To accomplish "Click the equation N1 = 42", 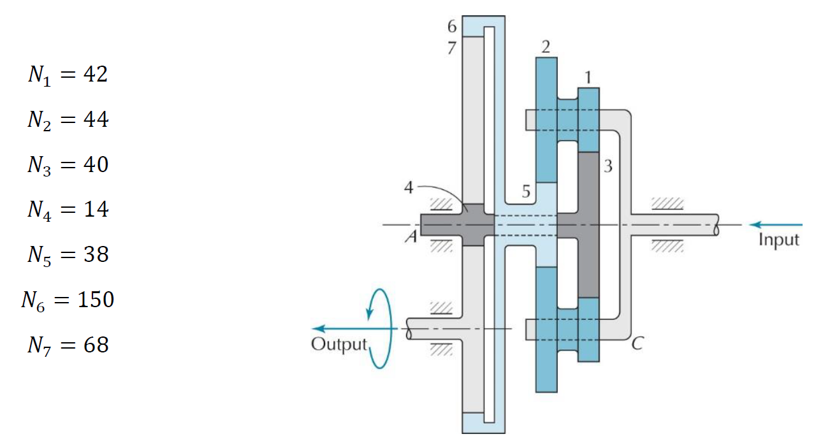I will (x=67, y=75).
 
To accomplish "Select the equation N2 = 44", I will (x=68, y=120).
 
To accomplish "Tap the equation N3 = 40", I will (x=68, y=165).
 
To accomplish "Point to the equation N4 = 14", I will (x=68, y=210).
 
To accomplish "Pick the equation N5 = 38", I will (x=68, y=255).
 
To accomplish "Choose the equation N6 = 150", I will (x=68, y=300).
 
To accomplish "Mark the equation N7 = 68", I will (x=68, y=345).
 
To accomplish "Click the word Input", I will (x=778, y=240).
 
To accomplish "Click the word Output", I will (x=340, y=345).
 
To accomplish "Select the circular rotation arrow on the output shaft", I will (x=380, y=328).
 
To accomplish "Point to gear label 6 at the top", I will (x=452, y=27).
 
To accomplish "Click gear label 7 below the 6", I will (x=452, y=48).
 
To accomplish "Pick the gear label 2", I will (x=546, y=46).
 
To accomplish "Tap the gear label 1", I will (x=588, y=77).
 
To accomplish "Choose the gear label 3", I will (x=608, y=167).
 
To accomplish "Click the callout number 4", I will (x=409, y=188).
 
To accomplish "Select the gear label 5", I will (x=526, y=193).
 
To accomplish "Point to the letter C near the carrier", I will (x=636, y=345).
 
